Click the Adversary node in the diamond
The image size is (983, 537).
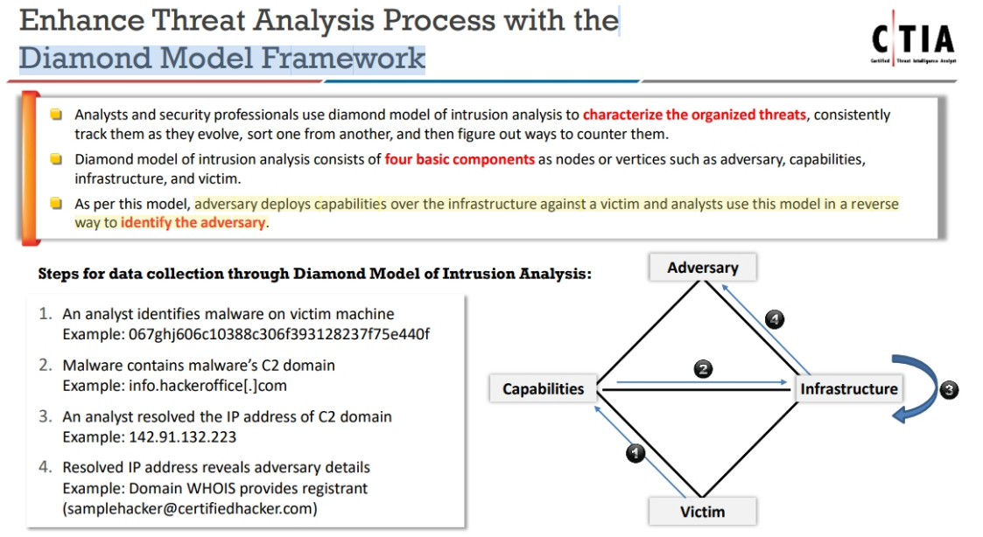pos(702,268)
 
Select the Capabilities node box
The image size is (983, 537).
pos(543,389)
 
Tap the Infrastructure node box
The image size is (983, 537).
pos(848,389)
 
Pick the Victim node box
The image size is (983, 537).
pos(702,511)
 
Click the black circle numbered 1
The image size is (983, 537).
pos(636,453)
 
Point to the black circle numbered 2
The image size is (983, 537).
pos(702,368)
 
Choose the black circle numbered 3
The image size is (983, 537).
pos(950,390)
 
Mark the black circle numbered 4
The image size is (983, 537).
pos(774,320)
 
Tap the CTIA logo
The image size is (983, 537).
pos(912,42)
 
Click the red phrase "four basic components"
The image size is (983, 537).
pos(460,160)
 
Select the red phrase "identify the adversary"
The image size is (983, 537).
pos(193,222)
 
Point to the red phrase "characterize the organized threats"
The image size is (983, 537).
pos(694,115)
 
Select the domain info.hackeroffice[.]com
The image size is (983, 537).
pos(175,385)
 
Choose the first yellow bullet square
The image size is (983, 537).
pos(56,115)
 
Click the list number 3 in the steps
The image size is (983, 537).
pos(46,416)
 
